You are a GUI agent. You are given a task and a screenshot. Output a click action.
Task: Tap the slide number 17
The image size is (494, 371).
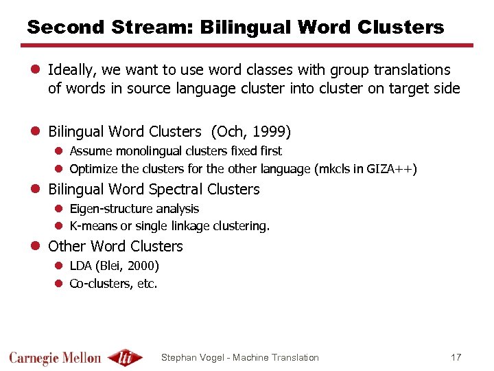tap(456, 357)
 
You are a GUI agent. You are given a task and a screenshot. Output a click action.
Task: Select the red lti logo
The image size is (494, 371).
tap(126, 357)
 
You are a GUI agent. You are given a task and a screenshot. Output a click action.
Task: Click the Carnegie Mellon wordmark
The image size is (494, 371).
tap(55, 358)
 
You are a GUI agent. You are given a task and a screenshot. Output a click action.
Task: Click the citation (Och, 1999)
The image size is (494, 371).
tap(251, 132)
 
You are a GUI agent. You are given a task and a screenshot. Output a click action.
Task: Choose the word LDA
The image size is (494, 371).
tap(81, 266)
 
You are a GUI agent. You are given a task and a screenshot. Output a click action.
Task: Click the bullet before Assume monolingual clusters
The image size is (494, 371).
tap(59, 151)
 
